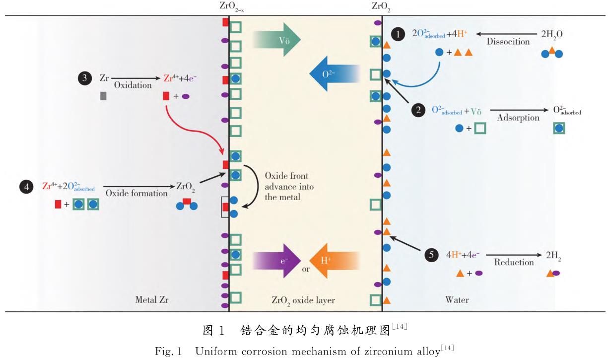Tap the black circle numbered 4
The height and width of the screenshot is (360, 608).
tap(25, 187)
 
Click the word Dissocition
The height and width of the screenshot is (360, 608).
tap(508, 42)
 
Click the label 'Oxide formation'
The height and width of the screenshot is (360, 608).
tap(135, 193)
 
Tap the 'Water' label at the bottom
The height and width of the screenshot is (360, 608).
tap(457, 300)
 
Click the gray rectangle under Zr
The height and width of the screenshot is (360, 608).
tap(103, 96)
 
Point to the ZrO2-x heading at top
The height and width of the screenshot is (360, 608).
tap(229, 7)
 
